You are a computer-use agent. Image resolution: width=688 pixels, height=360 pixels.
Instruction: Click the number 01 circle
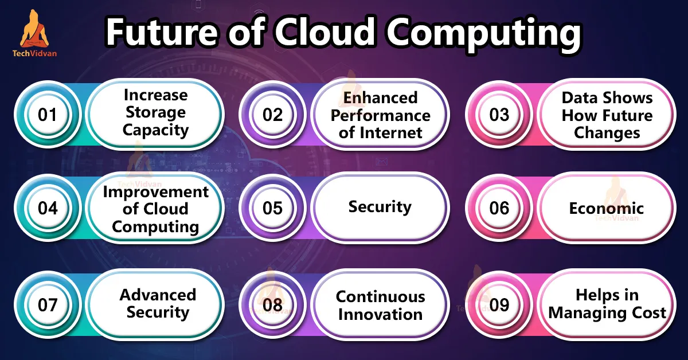pos(48,115)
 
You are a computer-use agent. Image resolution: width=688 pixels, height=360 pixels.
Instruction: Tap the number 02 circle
pos(272,115)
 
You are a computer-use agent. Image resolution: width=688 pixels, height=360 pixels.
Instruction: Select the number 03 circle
pos(499,115)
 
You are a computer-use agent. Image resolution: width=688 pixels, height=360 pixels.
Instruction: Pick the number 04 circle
pos(48,208)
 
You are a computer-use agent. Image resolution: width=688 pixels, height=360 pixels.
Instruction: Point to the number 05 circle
pos(272,208)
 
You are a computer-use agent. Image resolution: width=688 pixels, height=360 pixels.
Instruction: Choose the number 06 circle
pos(499,208)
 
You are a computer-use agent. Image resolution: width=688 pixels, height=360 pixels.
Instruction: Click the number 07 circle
pos(48,305)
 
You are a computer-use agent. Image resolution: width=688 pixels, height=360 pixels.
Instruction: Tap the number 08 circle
pos(272,305)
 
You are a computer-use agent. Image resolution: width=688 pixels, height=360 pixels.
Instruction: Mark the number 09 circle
pos(499,305)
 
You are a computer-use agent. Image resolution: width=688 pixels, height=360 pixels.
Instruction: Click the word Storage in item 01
pos(156,113)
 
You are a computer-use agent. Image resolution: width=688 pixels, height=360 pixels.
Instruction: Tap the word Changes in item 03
pos(607,134)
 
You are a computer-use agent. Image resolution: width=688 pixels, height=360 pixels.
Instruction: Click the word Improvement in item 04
pos(156,192)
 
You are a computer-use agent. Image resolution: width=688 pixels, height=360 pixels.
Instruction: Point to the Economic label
pos(607,209)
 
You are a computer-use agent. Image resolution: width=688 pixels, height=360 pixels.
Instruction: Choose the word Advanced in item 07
pos(158,295)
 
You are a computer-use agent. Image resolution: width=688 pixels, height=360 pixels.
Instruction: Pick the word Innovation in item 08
pos(380,315)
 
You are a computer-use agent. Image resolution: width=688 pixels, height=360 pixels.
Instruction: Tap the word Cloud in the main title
pos(325,32)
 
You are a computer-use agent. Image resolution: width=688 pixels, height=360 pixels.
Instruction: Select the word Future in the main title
pos(161,32)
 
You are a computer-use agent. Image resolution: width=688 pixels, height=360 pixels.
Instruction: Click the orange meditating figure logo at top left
pos(34,29)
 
